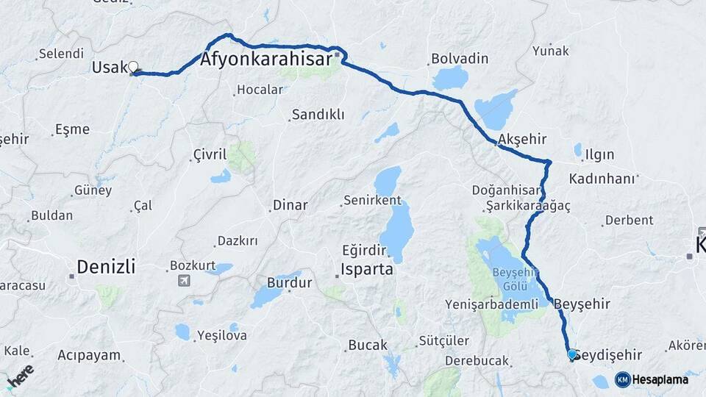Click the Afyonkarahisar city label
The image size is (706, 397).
(265, 61)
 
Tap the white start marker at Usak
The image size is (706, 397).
(133, 68)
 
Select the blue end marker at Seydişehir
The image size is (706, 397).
(572, 354)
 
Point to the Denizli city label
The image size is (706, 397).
(107, 267)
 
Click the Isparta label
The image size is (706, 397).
(366, 269)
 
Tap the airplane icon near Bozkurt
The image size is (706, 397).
(183, 280)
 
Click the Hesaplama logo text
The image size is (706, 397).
(663, 379)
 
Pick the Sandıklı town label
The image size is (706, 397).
(318, 115)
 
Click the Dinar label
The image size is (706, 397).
(290, 205)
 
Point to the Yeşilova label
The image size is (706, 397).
(221, 335)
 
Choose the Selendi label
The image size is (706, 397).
(61, 54)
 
